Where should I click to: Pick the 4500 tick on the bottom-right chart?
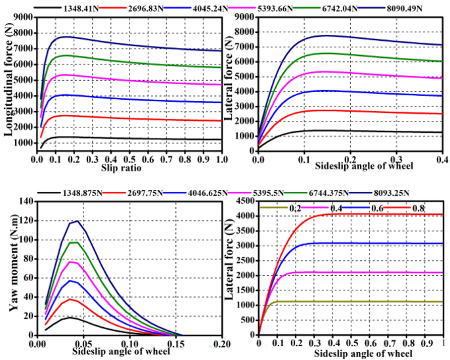pyautogui.click(x=246, y=200)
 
